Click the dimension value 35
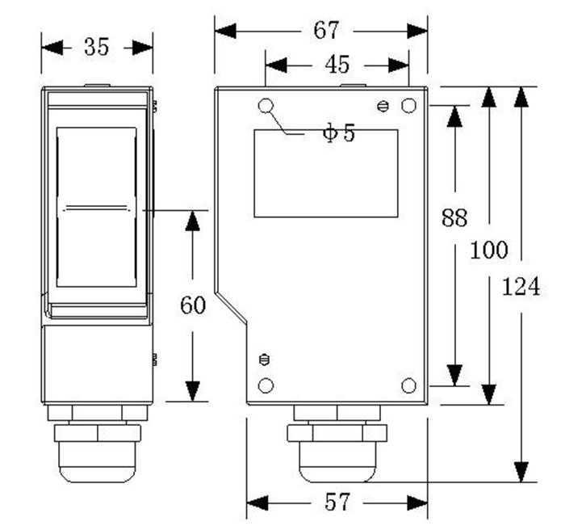tap(96, 47)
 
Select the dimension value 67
tap(326, 31)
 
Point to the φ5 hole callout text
tap(339, 133)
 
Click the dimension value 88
tap(455, 217)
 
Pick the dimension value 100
tap(489, 250)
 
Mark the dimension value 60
tap(192, 305)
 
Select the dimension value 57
tap(337, 503)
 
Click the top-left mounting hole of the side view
tap(266, 106)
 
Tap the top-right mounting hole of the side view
tap(408, 106)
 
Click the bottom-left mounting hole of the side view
tap(266, 385)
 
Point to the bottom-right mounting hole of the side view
tap(408, 385)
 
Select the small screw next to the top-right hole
tap(384, 106)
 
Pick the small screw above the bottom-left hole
tap(263, 360)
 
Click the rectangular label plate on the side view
tap(326, 173)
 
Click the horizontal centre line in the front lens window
tap(97, 208)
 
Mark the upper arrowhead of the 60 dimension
tap(192, 221)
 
